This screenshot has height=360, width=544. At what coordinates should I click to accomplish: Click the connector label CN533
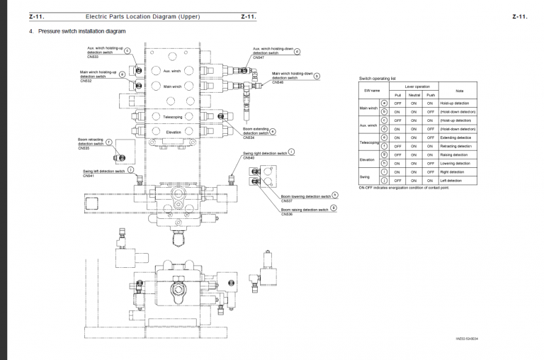pos(92,57)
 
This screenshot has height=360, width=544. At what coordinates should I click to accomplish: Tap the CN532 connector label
pos(86,81)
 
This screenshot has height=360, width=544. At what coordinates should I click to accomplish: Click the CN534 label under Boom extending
pos(249,137)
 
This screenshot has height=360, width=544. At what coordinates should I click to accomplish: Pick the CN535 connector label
pos(84,148)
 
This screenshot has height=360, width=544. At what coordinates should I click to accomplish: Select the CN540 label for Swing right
pos(248,157)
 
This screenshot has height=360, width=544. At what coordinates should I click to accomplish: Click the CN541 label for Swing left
pos(88,175)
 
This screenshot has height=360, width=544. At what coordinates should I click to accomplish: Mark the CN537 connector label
pos(286,201)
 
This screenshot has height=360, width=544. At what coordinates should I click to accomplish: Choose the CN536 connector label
pos(286,213)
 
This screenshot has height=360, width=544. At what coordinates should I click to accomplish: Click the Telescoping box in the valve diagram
pos(173,116)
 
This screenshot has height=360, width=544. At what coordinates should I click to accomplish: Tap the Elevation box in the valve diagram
pos(174,132)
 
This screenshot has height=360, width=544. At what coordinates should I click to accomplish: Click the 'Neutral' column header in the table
pos(414,94)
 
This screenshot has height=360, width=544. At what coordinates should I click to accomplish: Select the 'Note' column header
pos(458,90)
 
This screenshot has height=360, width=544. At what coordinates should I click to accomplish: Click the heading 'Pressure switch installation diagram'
pos(82,31)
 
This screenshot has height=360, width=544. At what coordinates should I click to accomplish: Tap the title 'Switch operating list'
pos(377,78)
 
